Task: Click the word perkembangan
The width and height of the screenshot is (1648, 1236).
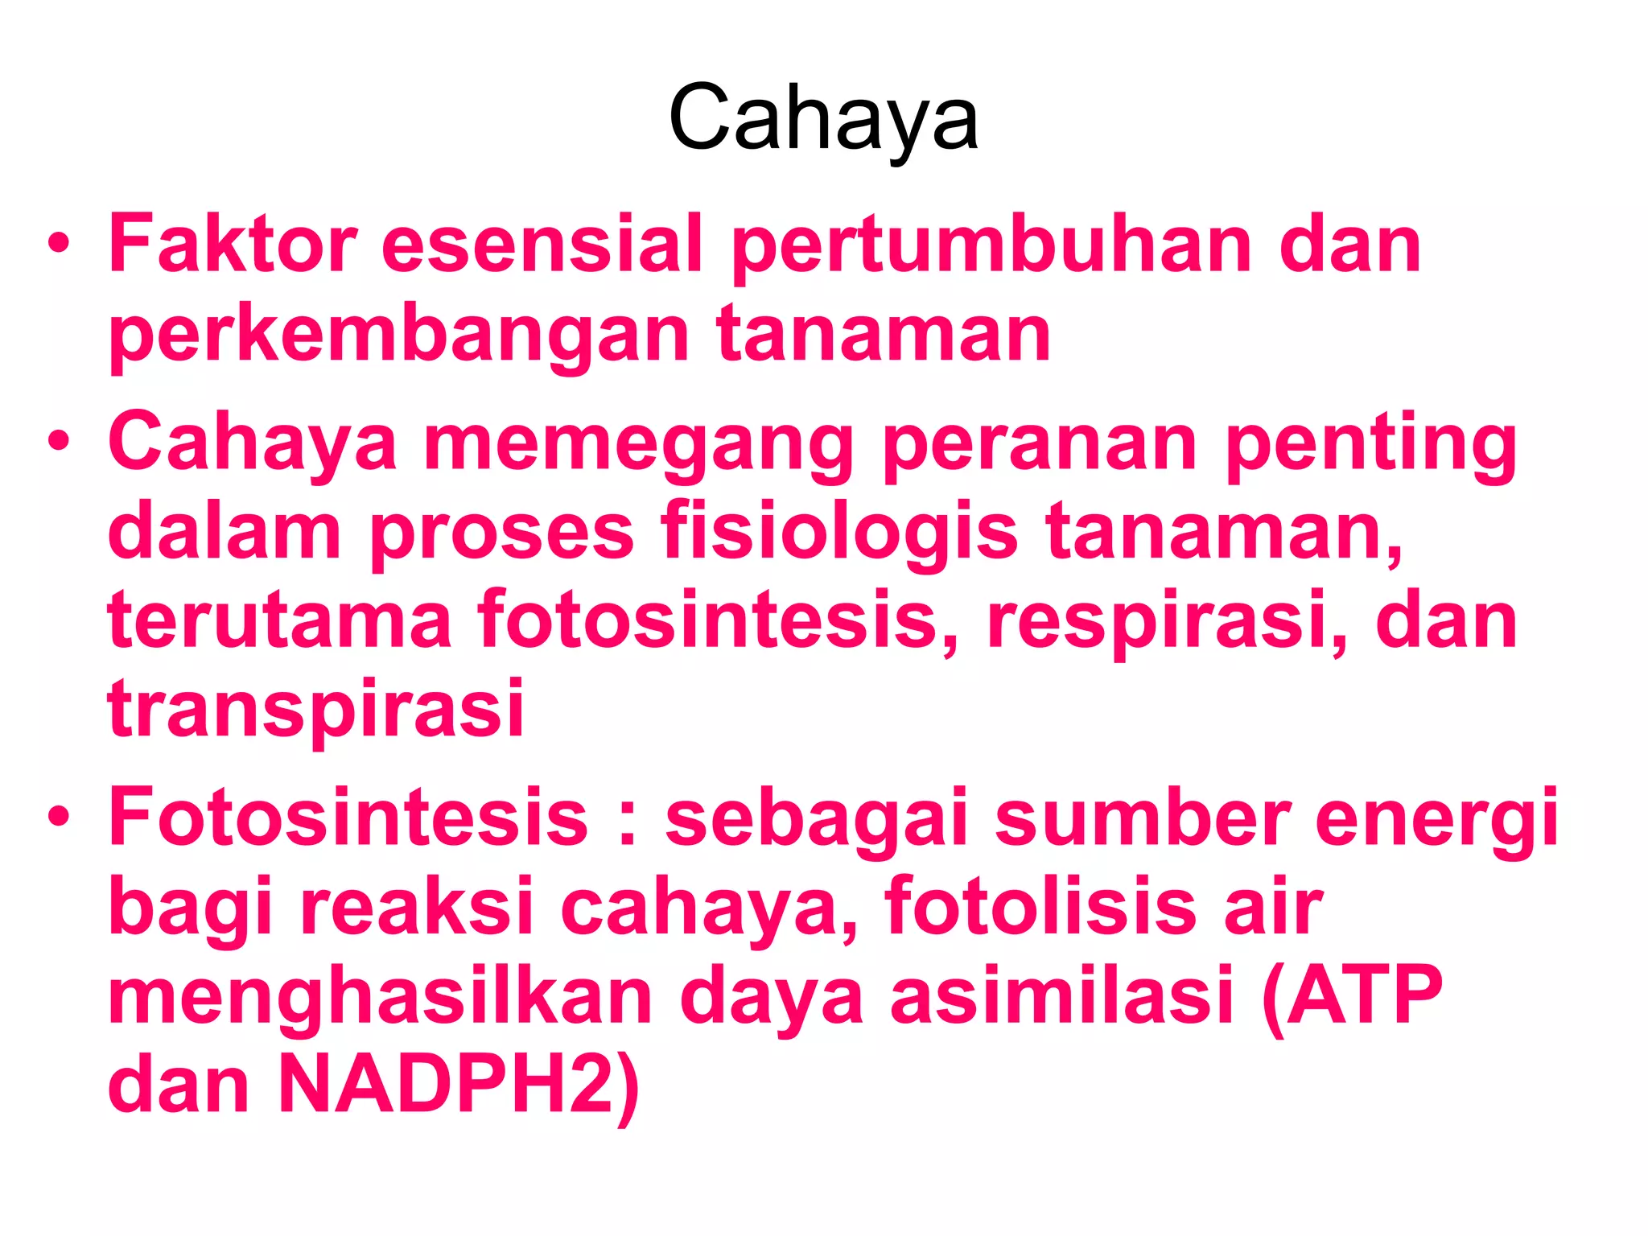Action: click(x=398, y=335)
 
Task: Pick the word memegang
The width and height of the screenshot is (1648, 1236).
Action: click(x=638, y=444)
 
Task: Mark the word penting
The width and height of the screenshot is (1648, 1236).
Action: click(x=1370, y=444)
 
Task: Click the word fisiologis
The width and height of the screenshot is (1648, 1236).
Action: click(x=839, y=533)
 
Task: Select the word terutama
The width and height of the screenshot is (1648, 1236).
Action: click(x=279, y=620)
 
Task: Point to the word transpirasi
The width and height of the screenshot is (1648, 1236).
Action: click(x=315, y=710)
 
